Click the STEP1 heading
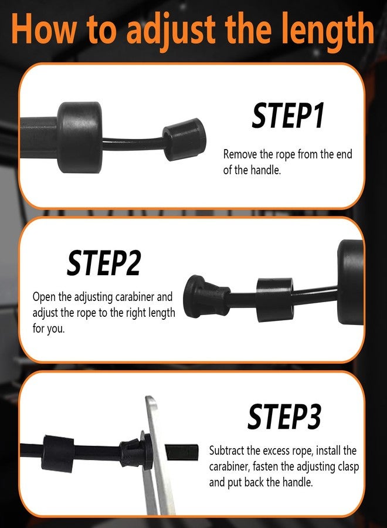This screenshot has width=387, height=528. click(288, 116)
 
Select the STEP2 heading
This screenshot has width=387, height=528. click(103, 263)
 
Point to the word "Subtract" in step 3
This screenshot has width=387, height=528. click(226, 450)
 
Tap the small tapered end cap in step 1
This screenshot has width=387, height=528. click(184, 138)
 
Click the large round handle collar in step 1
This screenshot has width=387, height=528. click(80, 137)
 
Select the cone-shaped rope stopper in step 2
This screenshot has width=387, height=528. click(206, 296)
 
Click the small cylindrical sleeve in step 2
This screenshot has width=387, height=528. click(274, 299)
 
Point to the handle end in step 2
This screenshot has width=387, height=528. click(350, 282)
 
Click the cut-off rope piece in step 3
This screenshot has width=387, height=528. click(182, 452)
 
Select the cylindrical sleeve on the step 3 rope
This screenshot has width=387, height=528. click(59, 453)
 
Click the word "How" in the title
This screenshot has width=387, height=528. click(44, 29)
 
